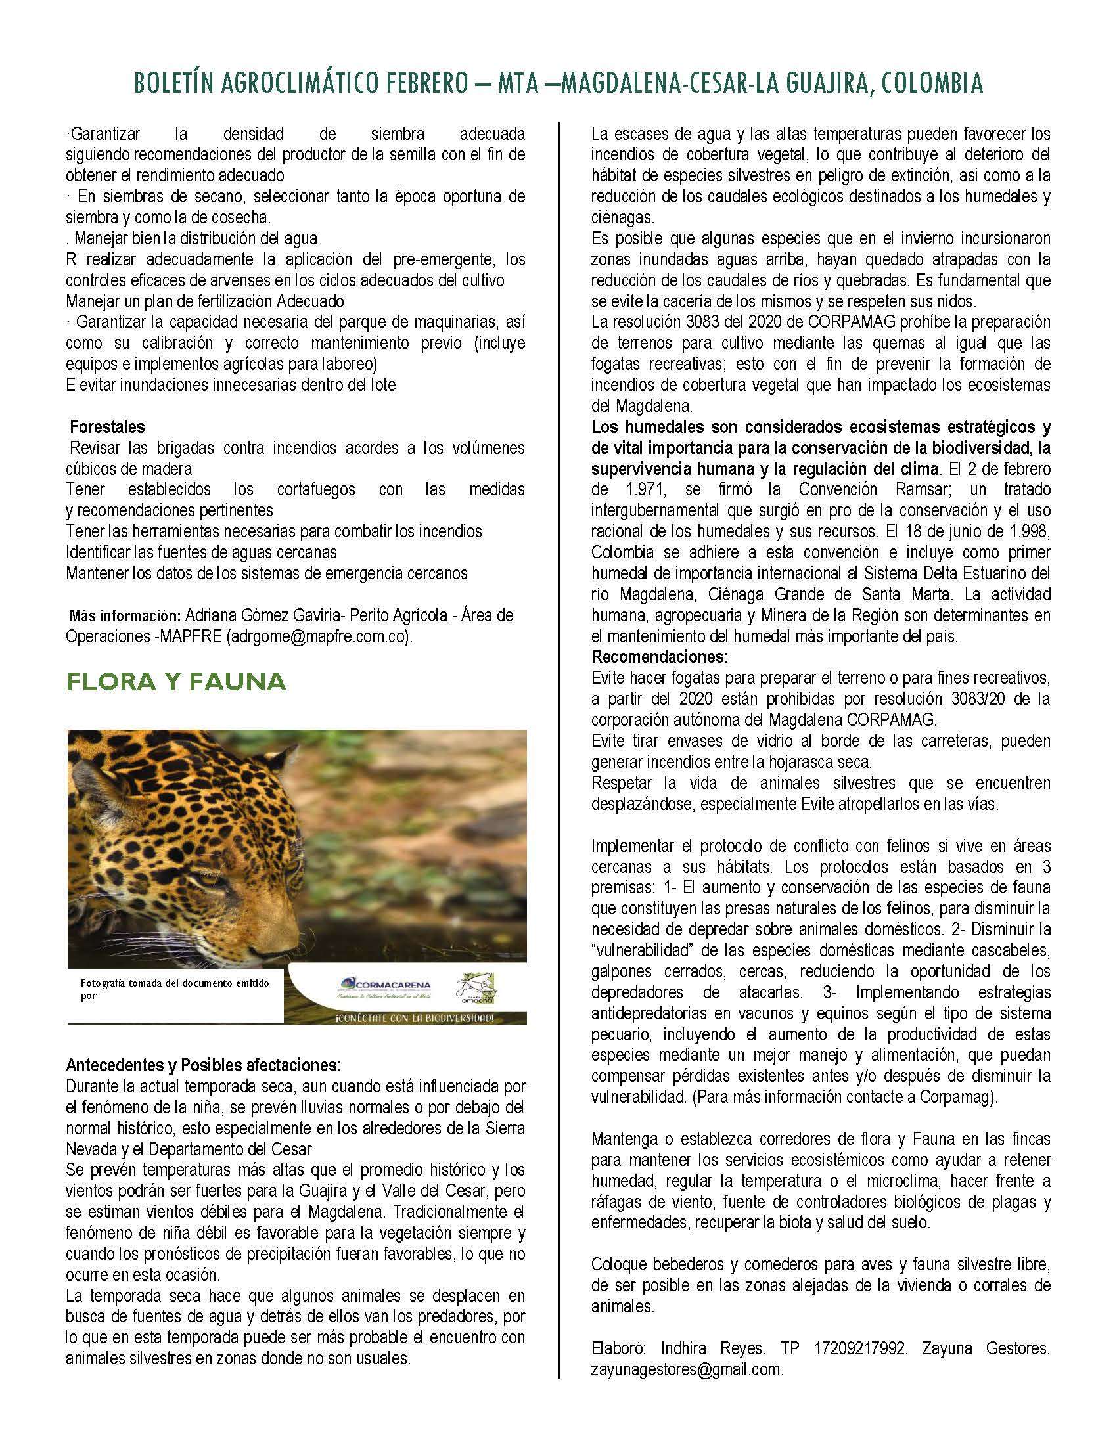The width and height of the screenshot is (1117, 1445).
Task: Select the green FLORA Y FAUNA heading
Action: pos(175,682)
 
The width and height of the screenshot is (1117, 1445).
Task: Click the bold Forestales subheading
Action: pos(107,427)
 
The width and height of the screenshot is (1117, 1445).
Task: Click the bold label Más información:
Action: pos(125,616)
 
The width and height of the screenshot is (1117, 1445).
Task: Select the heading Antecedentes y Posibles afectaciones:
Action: pos(203,1066)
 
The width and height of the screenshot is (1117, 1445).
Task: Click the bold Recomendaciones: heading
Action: pos(659,657)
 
